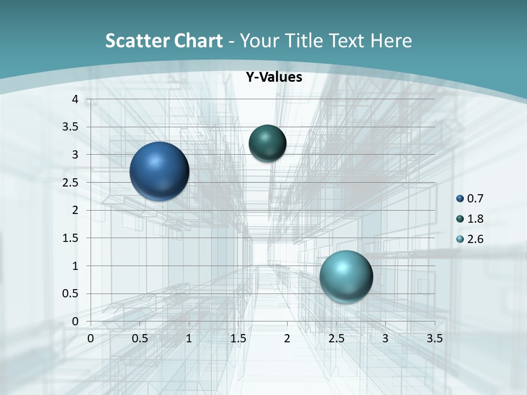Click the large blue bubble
coord(159,171)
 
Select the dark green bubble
coord(267,143)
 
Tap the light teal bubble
coord(346,276)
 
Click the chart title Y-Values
coord(273,77)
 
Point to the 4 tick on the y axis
coord(75,99)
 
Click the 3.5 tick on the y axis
coord(71,127)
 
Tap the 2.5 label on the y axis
coord(71,183)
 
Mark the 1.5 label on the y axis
coord(71,238)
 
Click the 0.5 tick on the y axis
coord(71,294)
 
